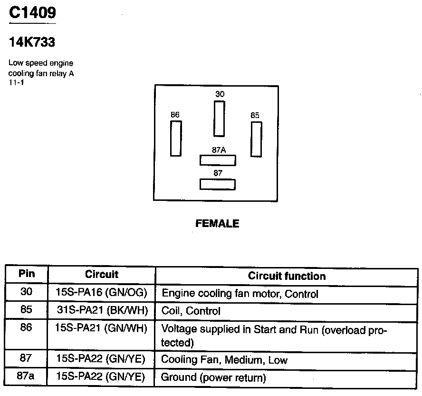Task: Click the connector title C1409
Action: [32, 12]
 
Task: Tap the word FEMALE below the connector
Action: [218, 223]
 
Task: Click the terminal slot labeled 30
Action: [219, 119]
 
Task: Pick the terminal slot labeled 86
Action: [176, 139]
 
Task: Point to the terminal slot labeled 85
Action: [256, 139]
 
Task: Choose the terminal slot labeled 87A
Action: [218, 160]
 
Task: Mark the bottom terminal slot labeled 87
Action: [218, 184]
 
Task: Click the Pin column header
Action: [27, 274]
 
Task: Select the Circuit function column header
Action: [287, 276]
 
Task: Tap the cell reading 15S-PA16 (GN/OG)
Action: [102, 293]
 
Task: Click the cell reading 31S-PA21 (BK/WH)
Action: [102, 311]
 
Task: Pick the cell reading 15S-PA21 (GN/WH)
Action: [102, 328]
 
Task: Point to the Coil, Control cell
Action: [191, 311]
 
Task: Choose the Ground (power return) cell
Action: [213, 377]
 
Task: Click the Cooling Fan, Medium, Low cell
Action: [224, 360]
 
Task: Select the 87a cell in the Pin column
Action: [26, 376]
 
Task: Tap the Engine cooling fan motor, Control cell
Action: [240, 294]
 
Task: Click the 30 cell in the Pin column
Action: [27, 292]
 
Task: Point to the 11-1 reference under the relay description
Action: [16, 82]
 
